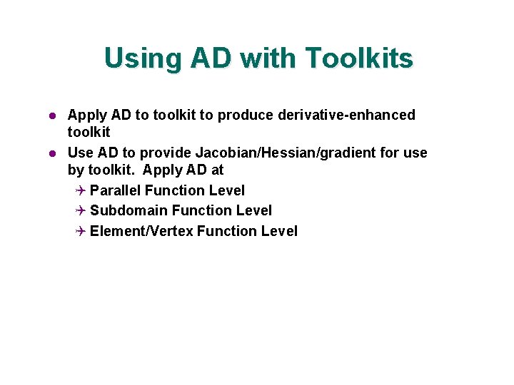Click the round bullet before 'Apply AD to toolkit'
[51, 115]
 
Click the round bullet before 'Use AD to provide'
[51, 153]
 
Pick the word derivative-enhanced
[353, 115]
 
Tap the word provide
[165, 153]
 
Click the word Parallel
[116, 190]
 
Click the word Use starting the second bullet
[80, 153]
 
